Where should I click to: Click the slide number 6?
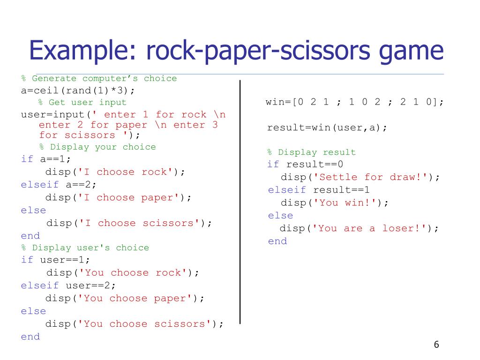436,345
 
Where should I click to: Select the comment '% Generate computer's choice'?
99,78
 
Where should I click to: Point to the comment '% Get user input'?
82,102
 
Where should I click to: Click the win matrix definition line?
354,102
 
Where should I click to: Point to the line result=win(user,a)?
327,127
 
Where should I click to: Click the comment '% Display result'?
311,152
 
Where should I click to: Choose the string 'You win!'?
347,203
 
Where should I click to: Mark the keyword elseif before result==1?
286,190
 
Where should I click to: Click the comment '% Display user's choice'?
85,247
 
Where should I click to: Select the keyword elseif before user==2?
40,285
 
